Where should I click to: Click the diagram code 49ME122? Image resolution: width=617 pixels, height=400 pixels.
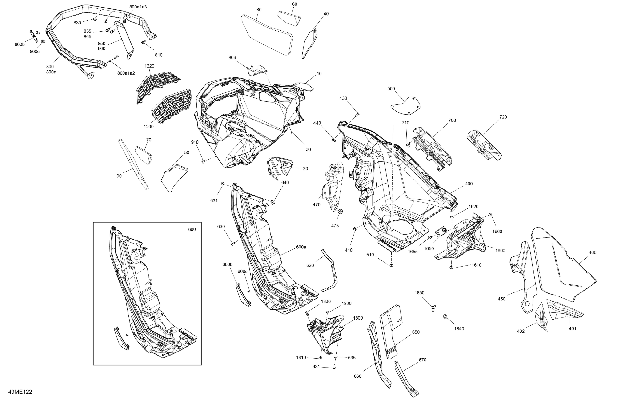point(20,392)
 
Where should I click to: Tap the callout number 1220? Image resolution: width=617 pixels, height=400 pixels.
point(149,66)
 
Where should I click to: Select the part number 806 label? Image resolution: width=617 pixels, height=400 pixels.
point(232,58)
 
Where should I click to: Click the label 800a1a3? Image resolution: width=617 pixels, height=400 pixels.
point(138,7)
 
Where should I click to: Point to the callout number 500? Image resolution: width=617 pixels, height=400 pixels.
point(391,89)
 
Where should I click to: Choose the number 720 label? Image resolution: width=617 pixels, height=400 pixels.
point(503,117)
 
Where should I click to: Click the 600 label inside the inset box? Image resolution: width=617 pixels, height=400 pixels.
point(192,229)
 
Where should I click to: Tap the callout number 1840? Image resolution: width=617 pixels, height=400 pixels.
point(459,329)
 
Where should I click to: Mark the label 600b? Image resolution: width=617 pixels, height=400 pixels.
point(227,264)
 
